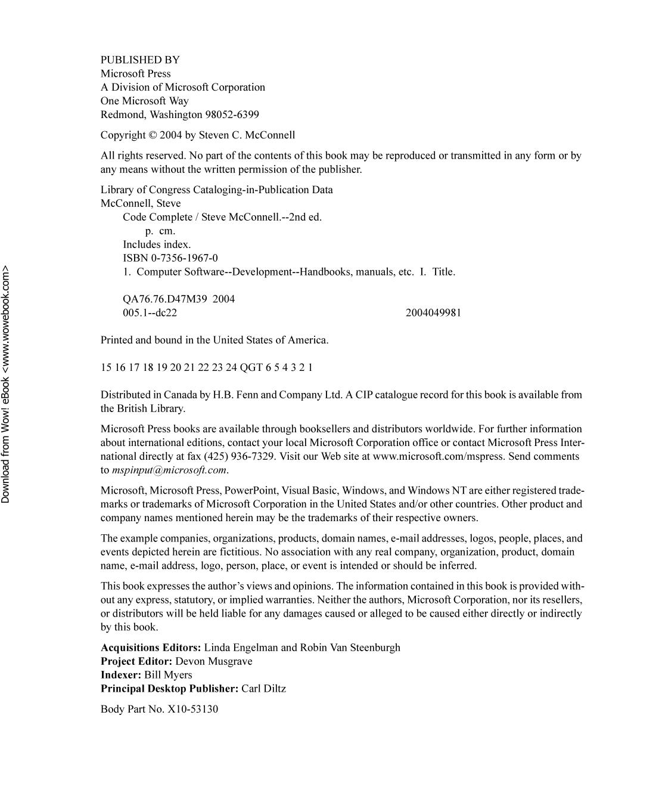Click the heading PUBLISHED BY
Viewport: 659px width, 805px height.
pyautogui.click(x=140, y=60)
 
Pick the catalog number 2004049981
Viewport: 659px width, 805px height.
pyautogui.click(x=433, y=312)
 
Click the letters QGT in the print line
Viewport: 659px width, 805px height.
pyautogui.click(x=251, y=367)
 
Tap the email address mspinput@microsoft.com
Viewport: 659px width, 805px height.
pyautogui.click(x=169, y=470)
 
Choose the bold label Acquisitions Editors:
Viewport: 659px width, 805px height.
pyautogui.click(x=151, y=648)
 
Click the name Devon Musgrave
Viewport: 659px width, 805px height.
pyautogui.click(x=214, y=661)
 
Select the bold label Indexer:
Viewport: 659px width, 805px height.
pyautogui.click(x=121, y=675)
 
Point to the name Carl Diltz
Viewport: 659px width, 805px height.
pyautogui.click(x=263, y=689)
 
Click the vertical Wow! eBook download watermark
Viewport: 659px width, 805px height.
pyautogui.click(x=6, y=385)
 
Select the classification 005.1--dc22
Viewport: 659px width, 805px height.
pyautogui.click(x=150, y=312)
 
